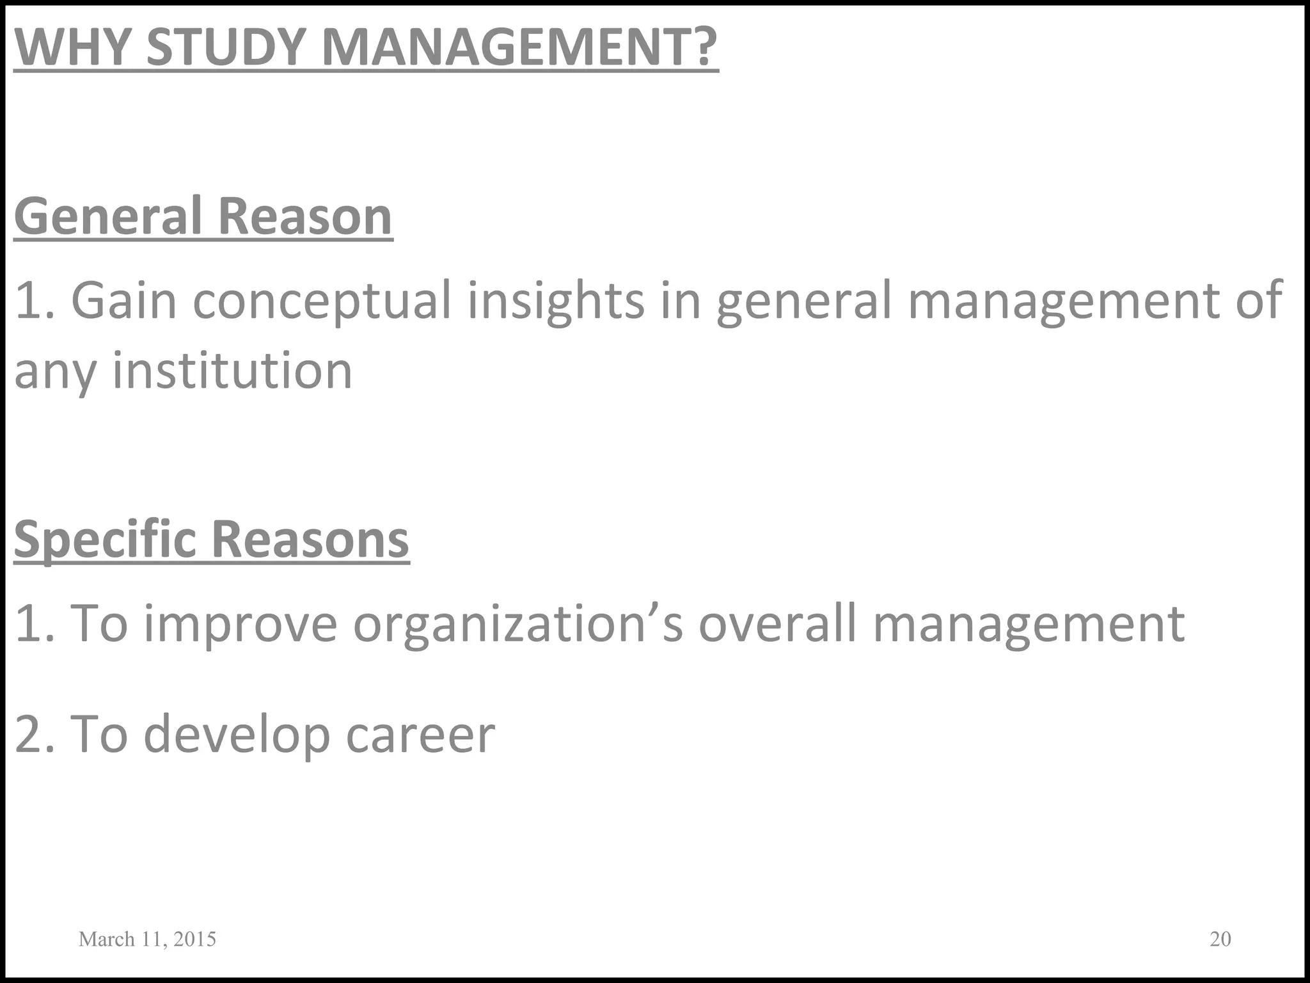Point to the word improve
241,624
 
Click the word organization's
518,624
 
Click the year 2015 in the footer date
194,939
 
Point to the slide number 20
1220,938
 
